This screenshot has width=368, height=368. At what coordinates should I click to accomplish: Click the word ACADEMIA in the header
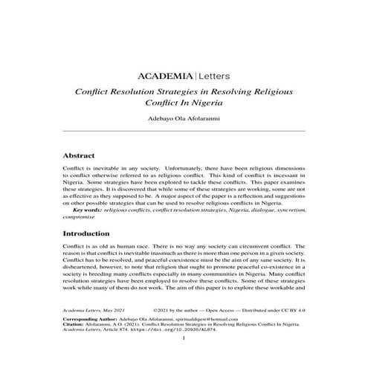(x=165, y=77)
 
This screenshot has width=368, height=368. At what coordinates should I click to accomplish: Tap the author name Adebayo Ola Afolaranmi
(x=184, y=117)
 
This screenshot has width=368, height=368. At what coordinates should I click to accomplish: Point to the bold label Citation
(x=75, y=343)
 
